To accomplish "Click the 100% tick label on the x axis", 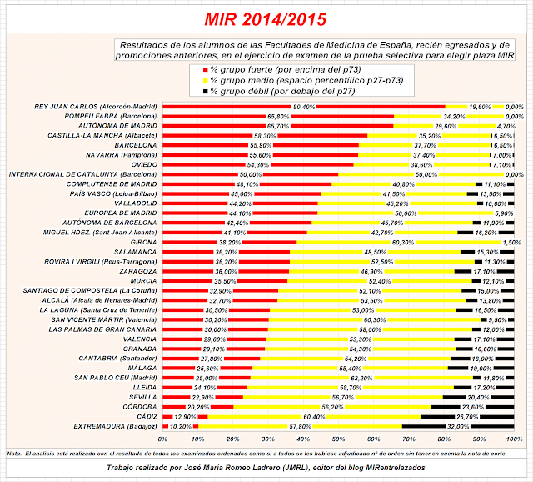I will point(514,439).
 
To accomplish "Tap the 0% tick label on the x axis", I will point(163,439).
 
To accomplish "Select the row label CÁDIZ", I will point(145,415).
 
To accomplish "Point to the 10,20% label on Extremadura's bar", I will point(182,425).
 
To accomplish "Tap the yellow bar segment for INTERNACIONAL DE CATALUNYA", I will point(426,174).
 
